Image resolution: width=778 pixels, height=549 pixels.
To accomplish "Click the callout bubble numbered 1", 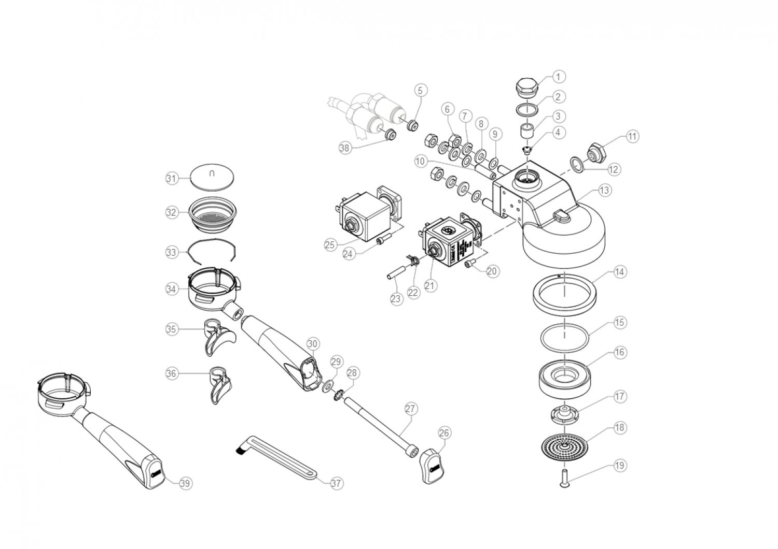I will point(558,77).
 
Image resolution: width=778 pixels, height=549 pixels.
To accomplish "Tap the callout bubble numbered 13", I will point(604,190).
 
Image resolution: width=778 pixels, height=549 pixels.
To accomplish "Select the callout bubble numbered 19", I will point(619,466).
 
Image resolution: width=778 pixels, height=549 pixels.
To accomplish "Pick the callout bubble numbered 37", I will point(337,483).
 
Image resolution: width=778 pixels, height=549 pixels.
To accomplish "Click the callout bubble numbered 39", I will point(185,483).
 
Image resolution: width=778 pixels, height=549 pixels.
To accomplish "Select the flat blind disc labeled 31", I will point(212,175).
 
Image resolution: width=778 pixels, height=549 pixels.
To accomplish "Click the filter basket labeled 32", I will point(213,213).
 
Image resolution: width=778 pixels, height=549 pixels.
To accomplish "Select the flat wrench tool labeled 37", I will point(280,456).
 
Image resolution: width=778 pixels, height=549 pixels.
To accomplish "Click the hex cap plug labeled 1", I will point(527,86).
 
